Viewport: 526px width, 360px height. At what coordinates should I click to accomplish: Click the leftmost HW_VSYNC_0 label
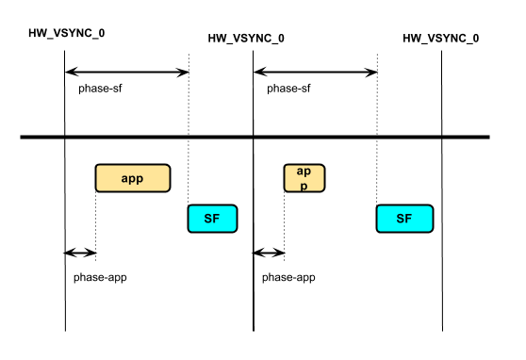(67, 33)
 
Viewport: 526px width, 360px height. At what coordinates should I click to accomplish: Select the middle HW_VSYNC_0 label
(246, 39)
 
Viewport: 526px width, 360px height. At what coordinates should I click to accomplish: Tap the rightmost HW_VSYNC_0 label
(440, 39)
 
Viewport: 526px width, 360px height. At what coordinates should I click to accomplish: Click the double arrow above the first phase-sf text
(126, 72)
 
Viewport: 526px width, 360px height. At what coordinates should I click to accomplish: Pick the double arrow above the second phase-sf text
(315, 72)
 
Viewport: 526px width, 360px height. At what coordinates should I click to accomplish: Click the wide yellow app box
(132, 178)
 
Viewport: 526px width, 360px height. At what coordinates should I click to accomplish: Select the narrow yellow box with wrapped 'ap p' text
(304, 178)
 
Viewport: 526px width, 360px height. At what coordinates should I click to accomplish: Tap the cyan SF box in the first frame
(212, 219)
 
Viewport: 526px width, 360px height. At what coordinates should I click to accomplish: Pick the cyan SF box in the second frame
(404, 219)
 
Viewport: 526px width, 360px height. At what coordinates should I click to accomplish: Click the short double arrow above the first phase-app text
(80, 253)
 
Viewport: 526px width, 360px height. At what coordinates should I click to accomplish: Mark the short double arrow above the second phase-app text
(269, 253)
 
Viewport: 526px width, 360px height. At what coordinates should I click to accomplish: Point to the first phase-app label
(100, 278)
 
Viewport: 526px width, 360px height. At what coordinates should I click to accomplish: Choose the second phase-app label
(288, 278)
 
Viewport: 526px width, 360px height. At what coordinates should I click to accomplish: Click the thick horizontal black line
(255, 139)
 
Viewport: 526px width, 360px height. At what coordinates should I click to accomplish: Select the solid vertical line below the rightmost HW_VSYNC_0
(442, 236)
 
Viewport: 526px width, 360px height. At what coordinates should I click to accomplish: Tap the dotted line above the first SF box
(189, 170)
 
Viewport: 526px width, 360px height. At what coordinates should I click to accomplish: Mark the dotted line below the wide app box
(95, 221)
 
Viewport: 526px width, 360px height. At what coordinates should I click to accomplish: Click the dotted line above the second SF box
(378, 170)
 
